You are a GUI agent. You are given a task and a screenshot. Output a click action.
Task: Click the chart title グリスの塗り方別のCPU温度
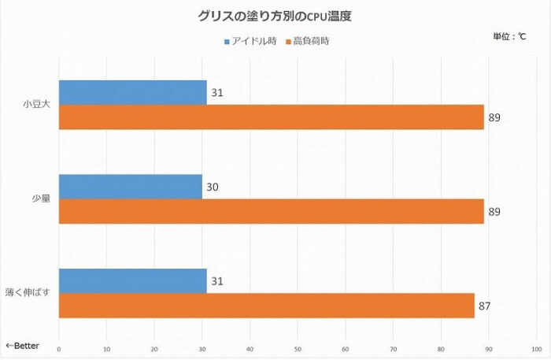(x=275, y=15)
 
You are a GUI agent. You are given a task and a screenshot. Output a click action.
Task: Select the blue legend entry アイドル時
(x=251, y=40)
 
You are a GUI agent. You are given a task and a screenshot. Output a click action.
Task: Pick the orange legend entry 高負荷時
(x=306, y=40)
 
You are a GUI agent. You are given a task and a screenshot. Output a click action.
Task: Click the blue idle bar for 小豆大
(x=132, y=92)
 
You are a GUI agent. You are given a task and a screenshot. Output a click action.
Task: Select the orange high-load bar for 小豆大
(x=271, y=117)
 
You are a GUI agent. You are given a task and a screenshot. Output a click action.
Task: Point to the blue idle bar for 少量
(x=130, y=187)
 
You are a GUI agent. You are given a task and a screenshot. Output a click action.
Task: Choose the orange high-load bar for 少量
(x=271, y=211)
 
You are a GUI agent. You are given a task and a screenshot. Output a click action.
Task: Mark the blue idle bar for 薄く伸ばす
(x=132, y=281)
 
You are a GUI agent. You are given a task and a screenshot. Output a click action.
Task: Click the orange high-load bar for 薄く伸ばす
(x=266, y=306)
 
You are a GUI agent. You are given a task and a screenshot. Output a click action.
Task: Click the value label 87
(x=485, y=306)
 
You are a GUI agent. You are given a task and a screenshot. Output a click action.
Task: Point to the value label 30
(x=213, y=187)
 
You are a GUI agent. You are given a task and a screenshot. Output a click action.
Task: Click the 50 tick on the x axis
(x=298, y=347)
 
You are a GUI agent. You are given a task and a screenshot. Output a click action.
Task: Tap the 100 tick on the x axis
(x=537, y=347)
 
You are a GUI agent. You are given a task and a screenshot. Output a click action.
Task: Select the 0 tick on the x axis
(x=59, y=347)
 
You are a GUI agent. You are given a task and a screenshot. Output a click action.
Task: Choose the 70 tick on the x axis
(x=394, y=347)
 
